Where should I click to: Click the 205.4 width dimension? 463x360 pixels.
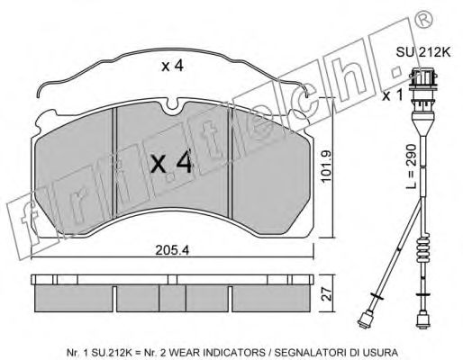point(172,250)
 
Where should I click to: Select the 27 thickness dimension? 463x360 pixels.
point(328,294)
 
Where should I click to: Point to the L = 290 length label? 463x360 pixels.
point(412,166)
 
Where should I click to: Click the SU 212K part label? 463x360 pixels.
point(423,52)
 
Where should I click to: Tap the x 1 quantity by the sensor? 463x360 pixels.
point(392,95)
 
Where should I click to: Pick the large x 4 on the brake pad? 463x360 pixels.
point(171,163)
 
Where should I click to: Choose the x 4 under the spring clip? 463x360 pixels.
point(173,67)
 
